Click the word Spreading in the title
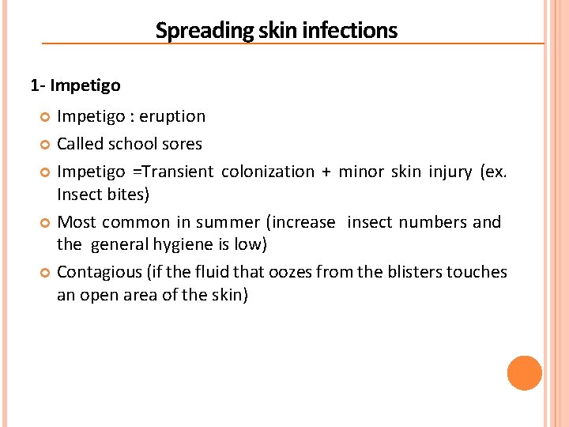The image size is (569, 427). pyautogui.click(x=191, y=31)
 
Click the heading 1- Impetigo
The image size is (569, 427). pyautogui.click(x=75, y=84)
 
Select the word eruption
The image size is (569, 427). pyautogui.click(x=173, y=116)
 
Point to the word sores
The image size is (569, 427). pyautogui.click(x=181, y=144)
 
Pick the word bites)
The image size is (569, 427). pyautogui.click(x=127, y=194)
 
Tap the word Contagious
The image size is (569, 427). pyautogui.click(x=96, y=272)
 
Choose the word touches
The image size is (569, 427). pyautogui.click(x=477, y=272)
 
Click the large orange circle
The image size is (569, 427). pyautogui.click(x=525, y=373)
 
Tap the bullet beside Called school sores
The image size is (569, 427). pyautogui.click(x=45, y=145)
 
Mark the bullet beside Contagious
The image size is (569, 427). pyautogui.click(x=45, y=273)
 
